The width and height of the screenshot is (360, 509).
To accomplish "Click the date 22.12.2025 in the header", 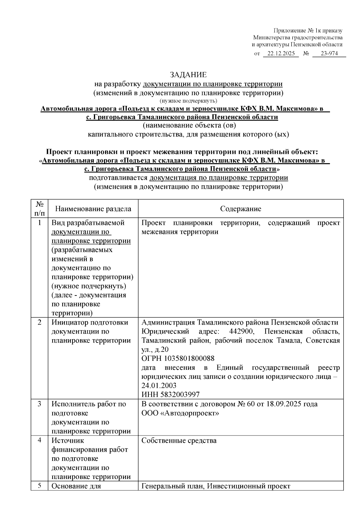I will click(281, 54).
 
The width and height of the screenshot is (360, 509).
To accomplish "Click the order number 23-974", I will click(329, 54).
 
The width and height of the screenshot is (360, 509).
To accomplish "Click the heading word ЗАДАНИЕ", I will click(188, 75).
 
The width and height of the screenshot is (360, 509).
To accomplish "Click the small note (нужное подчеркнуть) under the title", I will click(188, 101).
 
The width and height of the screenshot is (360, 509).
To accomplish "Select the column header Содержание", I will click(241, 209).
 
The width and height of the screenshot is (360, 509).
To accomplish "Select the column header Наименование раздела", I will click(93, 209).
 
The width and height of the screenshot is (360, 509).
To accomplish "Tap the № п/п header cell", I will click(40, 209).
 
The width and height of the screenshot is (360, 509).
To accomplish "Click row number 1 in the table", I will click(40, 223).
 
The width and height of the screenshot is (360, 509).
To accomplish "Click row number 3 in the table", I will click(40, 404).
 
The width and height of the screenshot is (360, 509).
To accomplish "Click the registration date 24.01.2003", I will click(159, 385).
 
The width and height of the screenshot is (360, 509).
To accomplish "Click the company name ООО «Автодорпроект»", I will click(180, 413).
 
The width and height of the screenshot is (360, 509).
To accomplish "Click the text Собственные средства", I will click(179, 441).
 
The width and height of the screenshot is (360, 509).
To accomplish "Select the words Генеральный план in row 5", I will click(172, 486).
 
